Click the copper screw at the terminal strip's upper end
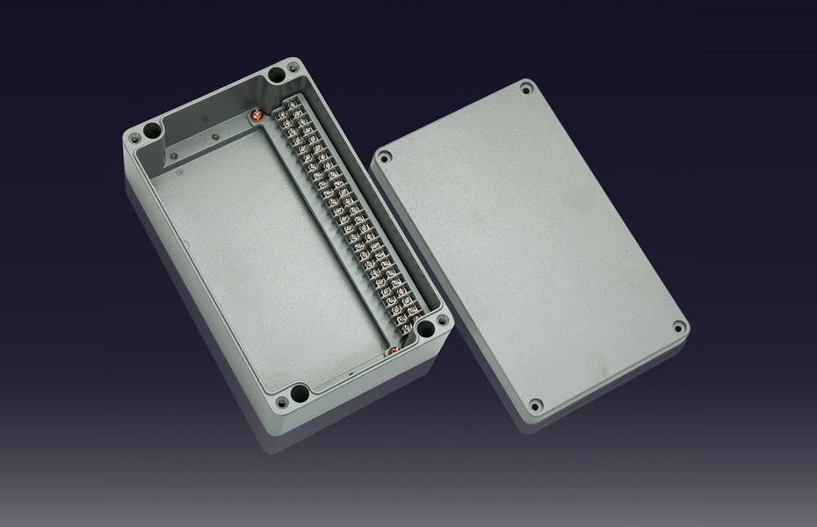(x=258, y=114)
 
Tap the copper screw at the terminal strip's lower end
(x=393, y=352)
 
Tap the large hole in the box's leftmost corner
(x=149, y=131)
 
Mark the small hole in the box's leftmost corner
(x=134, y=139)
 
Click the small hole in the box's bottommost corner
(x=282, y=402)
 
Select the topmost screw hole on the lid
(x=526, y=89)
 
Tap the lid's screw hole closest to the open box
(x=384, y=158)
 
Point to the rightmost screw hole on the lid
(x=677, y=328)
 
